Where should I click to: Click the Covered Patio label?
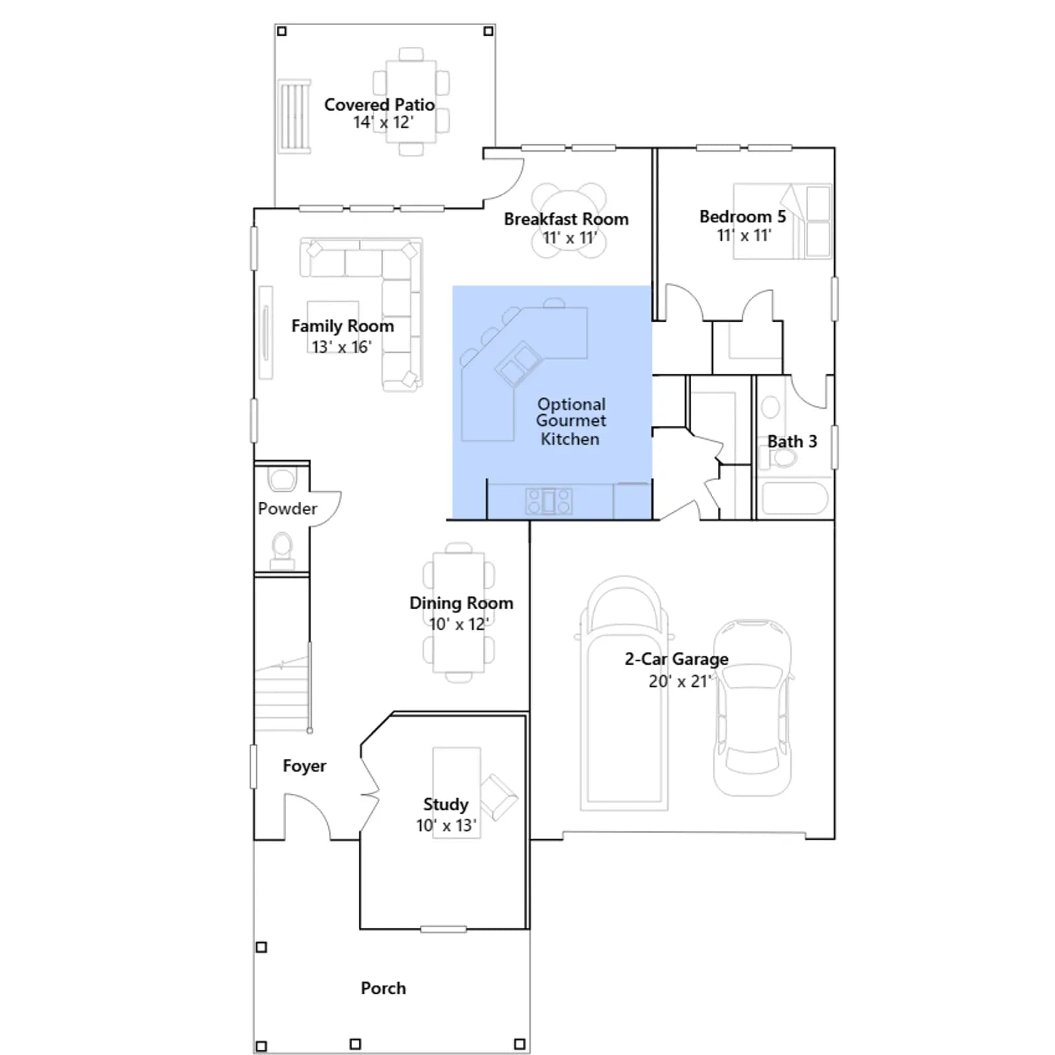379,105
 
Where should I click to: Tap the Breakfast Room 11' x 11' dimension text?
570,238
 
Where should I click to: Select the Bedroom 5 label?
742,216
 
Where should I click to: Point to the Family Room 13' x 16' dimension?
342,347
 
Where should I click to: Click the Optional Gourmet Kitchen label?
571,421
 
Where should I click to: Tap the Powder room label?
287,508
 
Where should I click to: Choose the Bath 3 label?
792,441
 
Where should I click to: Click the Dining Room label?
461,603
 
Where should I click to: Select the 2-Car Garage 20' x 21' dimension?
680,681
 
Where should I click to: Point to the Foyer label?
305,766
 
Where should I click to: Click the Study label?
446,804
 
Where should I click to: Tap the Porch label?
383,988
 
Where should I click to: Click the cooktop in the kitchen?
549,501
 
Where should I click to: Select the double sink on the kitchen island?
518,363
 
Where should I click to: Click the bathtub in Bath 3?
795,498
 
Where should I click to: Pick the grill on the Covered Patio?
294,117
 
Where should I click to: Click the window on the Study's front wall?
444,929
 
